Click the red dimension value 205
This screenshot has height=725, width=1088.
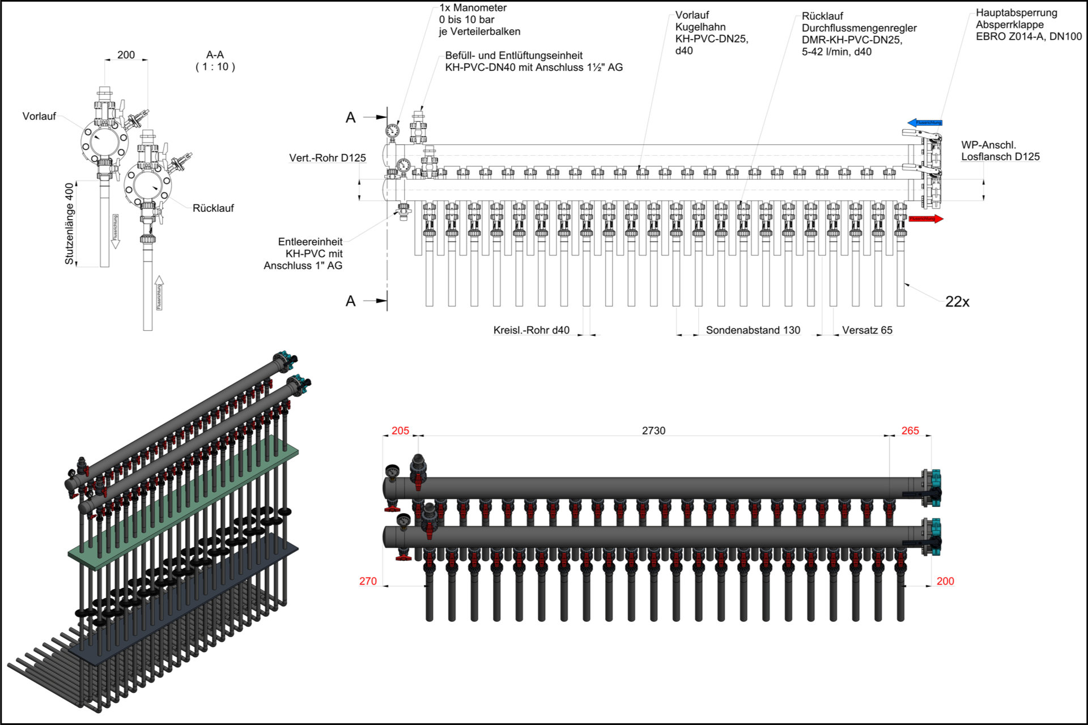(x=400, y=431)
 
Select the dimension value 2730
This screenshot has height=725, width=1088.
(x=653, y=431)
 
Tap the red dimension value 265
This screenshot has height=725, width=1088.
(x=910, y=431)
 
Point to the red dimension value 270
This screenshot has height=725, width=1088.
(x=368, y=581)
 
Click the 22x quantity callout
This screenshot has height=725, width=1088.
(x=957, y=302)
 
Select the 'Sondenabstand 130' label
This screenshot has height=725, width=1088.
(x=753, y=330)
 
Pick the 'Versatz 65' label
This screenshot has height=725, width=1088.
(x=867, y=330)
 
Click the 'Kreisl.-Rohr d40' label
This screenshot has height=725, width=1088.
(x=531, y=330)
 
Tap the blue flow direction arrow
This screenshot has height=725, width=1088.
(x=924, y=122)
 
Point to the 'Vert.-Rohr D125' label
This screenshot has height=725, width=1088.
(x=328, y=158)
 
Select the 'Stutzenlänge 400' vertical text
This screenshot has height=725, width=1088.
(x=69, y=223)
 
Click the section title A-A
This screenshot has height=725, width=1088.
(x=215, y=55)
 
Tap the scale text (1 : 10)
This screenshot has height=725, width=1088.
(x=215, y=67)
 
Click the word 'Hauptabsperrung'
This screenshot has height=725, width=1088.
(x=1016, y=12)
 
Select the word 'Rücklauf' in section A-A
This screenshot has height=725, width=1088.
(x=213, y=208)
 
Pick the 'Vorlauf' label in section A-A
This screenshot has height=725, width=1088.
(x=39, y=116)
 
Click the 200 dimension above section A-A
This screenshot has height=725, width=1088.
(x=126, y=55)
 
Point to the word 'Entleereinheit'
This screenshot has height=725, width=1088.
(x=310, y=242)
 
